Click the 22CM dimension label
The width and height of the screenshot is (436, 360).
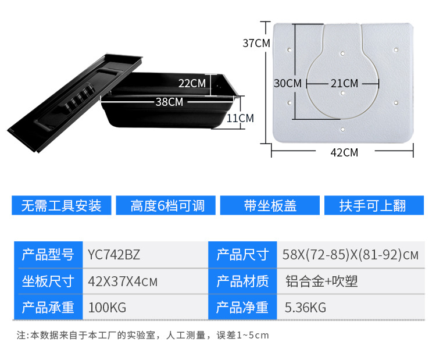point(192,83)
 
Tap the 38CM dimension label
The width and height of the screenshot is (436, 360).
point(169,102)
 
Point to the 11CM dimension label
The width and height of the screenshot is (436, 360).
point(240,118)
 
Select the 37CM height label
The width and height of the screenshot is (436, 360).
point(256,43)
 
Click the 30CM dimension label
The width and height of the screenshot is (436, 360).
point(288,83)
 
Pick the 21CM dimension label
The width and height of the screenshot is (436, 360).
point(345,83)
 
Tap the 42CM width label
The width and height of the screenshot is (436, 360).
point(344,152)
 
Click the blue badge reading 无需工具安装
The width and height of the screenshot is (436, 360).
point(62,205)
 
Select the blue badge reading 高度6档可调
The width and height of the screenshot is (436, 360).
point(166,205)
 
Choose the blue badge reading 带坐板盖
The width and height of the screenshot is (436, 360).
point(270,205)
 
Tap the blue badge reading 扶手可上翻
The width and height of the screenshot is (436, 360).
point(374,205)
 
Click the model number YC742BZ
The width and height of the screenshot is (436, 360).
point(114,255)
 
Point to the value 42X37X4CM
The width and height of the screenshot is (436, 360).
point(123,281)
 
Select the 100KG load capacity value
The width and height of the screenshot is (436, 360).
point(107,308)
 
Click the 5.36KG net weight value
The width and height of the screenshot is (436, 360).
point(305,308)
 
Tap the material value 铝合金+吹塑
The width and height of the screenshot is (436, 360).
point(321,281)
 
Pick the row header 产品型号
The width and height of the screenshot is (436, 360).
point(48,255)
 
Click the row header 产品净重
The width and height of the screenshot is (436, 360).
point(242,308)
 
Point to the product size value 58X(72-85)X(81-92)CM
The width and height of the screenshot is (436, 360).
point(351,255)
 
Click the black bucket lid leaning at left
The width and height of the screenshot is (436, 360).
point(75,102)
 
